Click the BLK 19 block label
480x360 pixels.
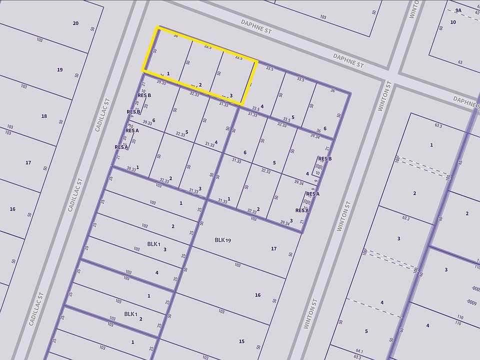(x=222, y=240)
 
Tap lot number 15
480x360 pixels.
(x=241, y=341)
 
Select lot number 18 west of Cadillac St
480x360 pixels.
(x=44, y=116)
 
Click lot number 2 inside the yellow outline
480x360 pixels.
(x=200, y=84)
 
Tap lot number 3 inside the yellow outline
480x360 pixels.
(x=231, y=95)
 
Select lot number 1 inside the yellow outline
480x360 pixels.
(x=168, y=73)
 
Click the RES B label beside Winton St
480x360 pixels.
(x=325, y=159)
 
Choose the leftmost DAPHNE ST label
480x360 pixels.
(x=256, y=26)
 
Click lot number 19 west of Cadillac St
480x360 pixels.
(x=60, y=69)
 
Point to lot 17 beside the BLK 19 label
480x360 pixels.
(x=273, y=248)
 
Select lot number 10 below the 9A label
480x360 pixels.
(x=453, y=22)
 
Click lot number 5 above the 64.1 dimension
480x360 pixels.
(x=366, y=331)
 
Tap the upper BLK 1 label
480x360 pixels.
(x=153, y=244)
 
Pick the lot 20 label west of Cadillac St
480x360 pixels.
(x=75, y=23)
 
